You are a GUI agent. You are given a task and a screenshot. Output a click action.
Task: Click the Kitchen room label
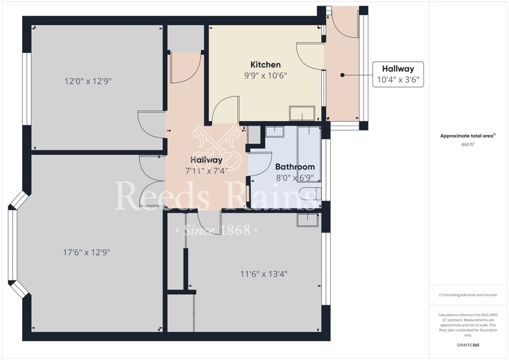point(265,65)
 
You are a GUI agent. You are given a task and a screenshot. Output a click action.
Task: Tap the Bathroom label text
point(295,167)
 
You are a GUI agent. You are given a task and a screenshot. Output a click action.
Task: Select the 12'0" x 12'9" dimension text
point(88,81)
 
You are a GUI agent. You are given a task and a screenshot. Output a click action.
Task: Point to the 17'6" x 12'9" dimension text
point(86,252)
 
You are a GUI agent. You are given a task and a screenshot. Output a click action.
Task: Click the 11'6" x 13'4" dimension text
point(264,274)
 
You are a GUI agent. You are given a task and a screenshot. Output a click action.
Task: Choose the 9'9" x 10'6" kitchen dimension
point(265,76)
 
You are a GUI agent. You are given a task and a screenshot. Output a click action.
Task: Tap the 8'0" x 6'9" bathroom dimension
point(295,178)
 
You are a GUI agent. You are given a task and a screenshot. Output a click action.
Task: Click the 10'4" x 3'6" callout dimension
point(398,80)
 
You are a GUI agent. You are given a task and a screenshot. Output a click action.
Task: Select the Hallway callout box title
point(398,69)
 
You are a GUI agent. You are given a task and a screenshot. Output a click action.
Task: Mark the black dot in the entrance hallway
point(342,75)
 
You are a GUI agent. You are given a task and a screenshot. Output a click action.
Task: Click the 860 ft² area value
point(468,144)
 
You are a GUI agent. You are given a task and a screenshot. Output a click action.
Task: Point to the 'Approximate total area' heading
point(467,136)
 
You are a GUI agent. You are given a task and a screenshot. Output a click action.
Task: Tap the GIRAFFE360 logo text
point(468,345)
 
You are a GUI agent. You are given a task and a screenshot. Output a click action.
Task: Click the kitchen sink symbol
point(302,113)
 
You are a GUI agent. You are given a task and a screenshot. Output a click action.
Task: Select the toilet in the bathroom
point(310,194)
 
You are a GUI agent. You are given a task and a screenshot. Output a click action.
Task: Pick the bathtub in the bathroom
point(309,154)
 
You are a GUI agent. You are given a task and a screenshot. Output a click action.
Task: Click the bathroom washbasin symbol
point(275,132)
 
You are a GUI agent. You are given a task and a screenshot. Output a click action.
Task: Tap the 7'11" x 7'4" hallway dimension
point(206,171)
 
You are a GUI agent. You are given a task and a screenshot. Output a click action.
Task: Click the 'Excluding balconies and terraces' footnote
point(468,295)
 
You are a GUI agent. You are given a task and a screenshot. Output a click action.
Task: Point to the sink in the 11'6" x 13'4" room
point(308,220)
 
